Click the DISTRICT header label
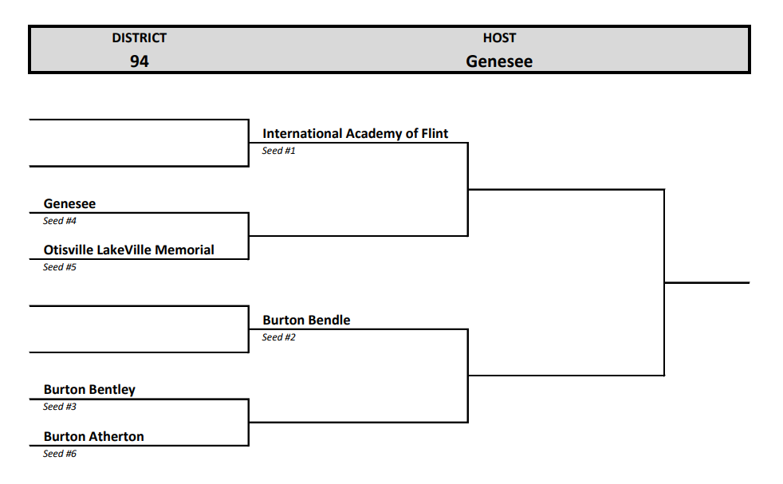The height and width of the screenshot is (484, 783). tap(139, 37)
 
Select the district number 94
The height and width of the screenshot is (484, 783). tap(139, 61)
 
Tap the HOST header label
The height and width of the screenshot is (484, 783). tap(499, 37)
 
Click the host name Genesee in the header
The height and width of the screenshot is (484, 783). tap(499, 61)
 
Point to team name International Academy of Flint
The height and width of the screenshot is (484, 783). tap(355, 134)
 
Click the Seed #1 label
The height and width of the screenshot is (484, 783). tap(278, 151)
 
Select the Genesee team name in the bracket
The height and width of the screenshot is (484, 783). tap(69, 204)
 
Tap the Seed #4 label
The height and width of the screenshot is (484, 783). tap(59, 221)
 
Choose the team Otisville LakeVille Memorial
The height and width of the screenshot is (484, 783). tap(128, 250)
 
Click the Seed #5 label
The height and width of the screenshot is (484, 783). tap(59, 267)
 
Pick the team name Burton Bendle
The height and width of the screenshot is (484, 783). tap(306, 321)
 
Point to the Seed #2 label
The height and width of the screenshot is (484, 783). tap(278, 337)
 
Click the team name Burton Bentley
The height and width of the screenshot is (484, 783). tap(89, 390)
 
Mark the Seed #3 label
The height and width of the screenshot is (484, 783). tap(59, 407)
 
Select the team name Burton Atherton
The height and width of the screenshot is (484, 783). tap(93, 437)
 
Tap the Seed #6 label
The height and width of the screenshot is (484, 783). tap(59, 454)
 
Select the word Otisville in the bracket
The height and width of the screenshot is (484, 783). tap(69, 250)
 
